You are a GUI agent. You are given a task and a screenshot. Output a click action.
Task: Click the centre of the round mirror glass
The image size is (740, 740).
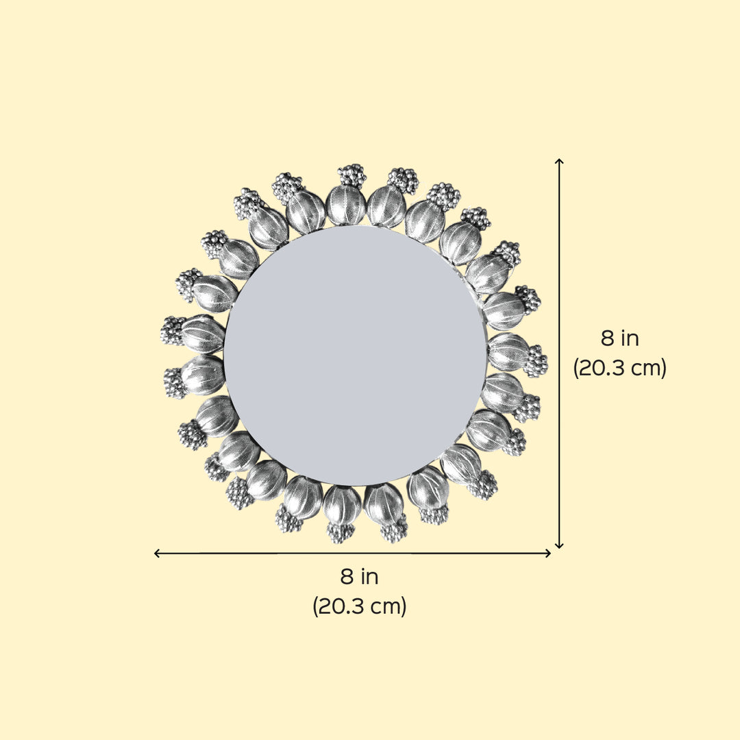click(355, 356)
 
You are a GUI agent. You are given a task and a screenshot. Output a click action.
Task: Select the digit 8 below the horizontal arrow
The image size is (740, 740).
click(347, 576)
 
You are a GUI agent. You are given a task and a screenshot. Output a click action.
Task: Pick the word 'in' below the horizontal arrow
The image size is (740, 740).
click(370, 576)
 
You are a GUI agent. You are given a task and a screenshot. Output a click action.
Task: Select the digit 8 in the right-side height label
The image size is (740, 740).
click(607, 338)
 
